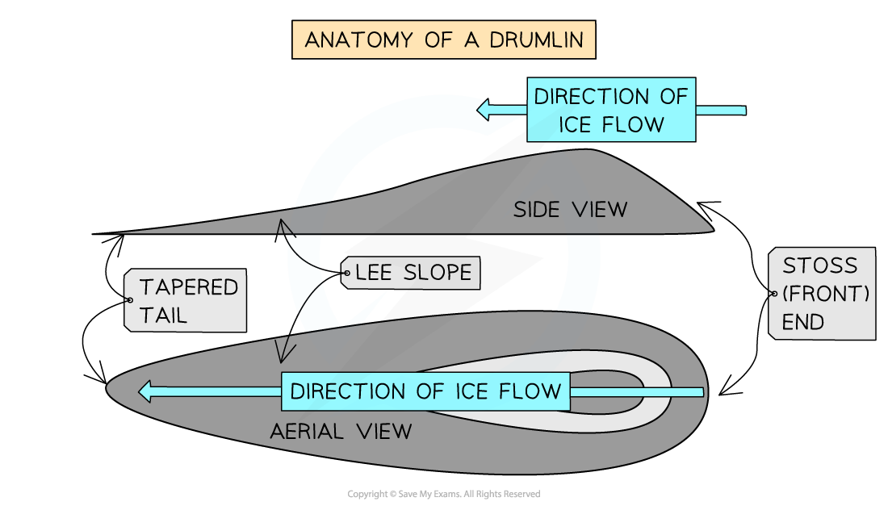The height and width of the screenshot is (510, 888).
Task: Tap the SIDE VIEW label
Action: pyautogui.click(x=570, y=210)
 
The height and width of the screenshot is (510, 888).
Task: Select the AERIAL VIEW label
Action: pyautogui.click(x=341, y=431)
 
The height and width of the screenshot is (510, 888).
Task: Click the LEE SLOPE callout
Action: pyautogui.click(x=412, y=273)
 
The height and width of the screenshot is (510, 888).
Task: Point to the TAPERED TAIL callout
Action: pyautogui.click(x=186, y=300)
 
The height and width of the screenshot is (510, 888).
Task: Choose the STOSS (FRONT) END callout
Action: pyautogui.click(x=823, y=294)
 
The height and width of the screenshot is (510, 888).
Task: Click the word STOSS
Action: pyautogui.click(x=819, y=265)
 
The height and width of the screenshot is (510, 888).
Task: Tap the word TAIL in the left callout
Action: pyautogui.click(x=164, y=315)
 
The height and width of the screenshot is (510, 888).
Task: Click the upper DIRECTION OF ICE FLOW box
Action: pyautogui.click(x=611, y=111)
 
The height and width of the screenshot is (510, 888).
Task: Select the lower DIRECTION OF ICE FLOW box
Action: pyautogui.click(x=425, y=391)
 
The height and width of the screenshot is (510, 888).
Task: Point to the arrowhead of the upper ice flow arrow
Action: pyautogui.click(x=485, y=110)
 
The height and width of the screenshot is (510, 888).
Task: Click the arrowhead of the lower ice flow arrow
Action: pyautogui.click(x=146, y=392)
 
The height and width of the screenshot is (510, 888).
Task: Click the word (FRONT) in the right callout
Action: pyautogui.click(x=826, y=294)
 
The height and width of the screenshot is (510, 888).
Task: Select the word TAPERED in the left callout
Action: pyautogui.click(x=189, y=286)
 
